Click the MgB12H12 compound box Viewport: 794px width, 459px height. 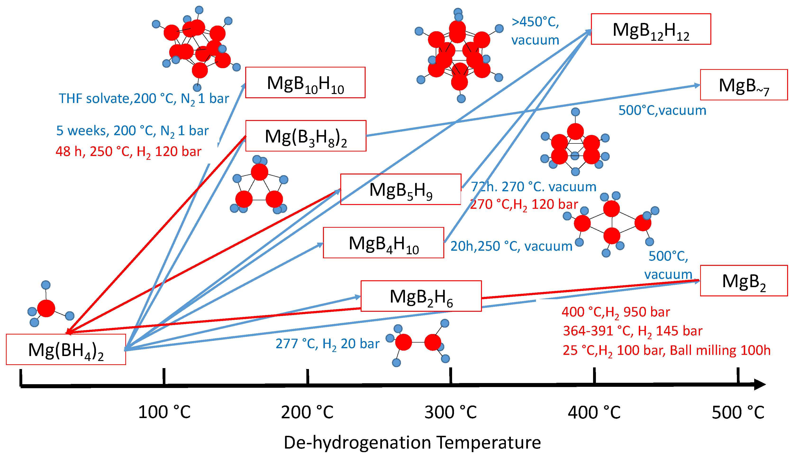click(x=650, y=29)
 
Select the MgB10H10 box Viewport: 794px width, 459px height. click(x=305, y=82)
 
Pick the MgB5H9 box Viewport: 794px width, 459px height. click(x=400, y=189)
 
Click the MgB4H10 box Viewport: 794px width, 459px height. click(x=383, y=243)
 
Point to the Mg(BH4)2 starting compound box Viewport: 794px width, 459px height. click(x=66, y=349)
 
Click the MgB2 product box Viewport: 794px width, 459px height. click(x=743, y=281)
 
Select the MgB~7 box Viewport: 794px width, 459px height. click(x=743, y=85)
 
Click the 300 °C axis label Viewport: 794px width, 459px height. click(x=451, y=412)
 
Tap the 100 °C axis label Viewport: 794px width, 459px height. click(x=164, y=412)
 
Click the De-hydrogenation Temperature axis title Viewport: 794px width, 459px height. click(x=412, y=442)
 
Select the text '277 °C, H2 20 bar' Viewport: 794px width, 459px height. click(x=327, y=344)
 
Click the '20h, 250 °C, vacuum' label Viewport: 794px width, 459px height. click(x=511, y=246)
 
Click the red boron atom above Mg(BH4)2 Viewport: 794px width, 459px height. click(x=46, y=308)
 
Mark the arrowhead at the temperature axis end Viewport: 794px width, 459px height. click(x=760, y=384)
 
